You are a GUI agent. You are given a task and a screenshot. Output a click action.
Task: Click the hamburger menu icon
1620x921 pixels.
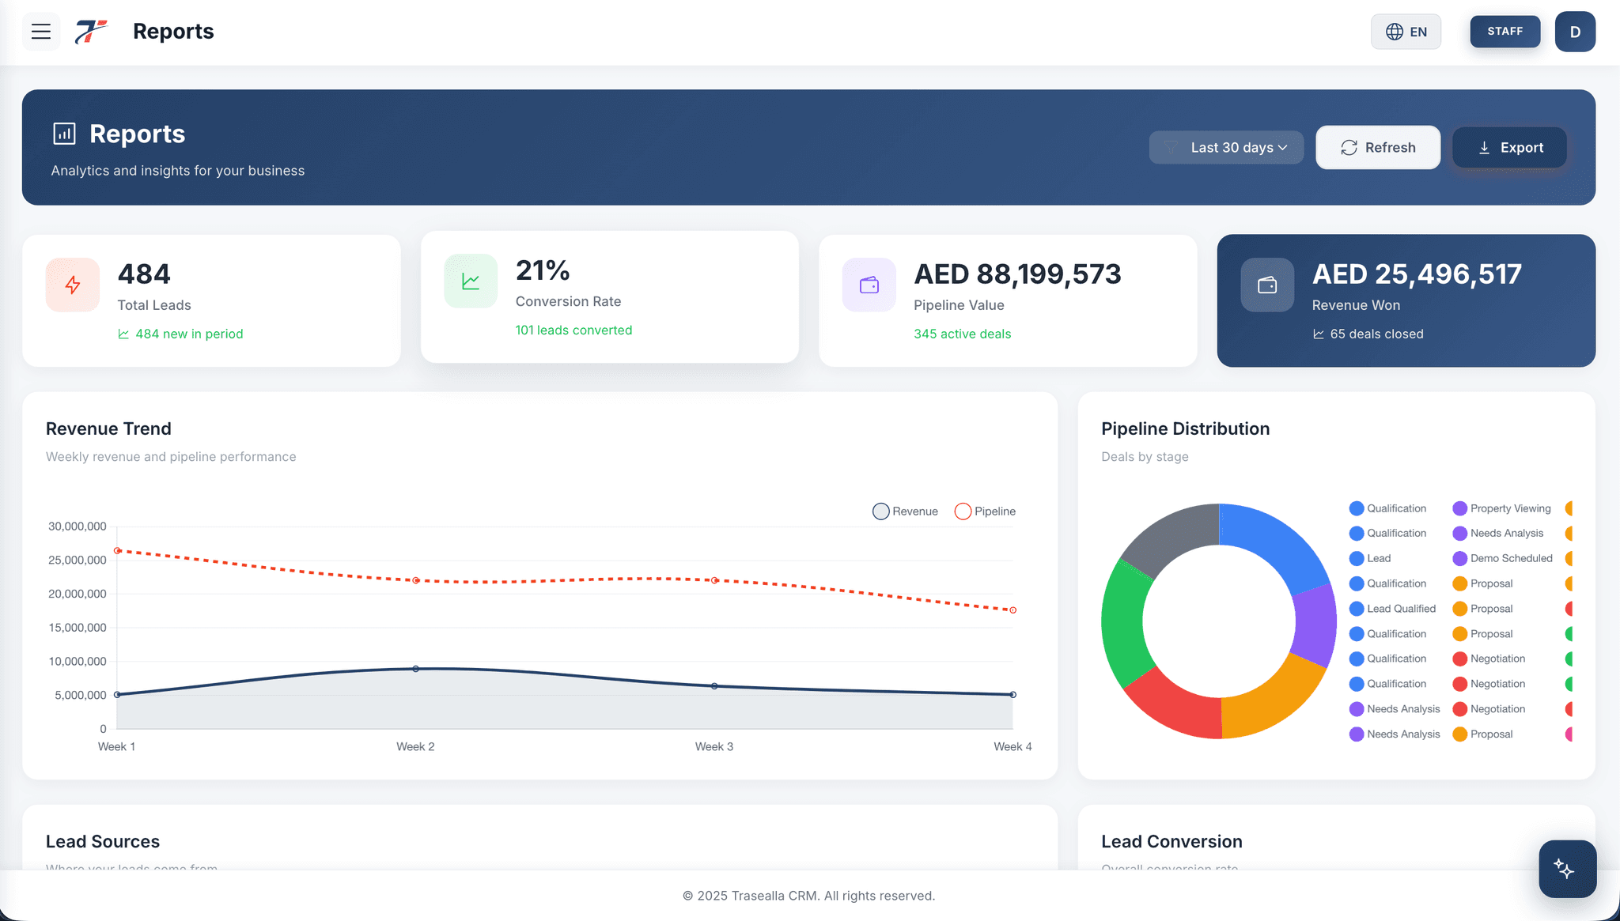pos(41,32)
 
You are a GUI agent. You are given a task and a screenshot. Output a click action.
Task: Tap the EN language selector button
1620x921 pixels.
pos(1406,32)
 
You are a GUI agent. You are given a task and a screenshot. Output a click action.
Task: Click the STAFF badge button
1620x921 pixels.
pos(1505,32)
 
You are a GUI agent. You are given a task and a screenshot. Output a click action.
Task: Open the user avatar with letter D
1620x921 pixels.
pos(1574,32)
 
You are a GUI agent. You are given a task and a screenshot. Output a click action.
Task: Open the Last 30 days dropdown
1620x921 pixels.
pos(1226,148)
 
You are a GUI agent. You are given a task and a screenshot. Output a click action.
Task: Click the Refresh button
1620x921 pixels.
pos(1378,148)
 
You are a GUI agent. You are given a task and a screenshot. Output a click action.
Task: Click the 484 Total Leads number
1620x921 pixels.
pos(144,274)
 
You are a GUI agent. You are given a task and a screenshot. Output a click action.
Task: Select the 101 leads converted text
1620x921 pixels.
pos(573,330)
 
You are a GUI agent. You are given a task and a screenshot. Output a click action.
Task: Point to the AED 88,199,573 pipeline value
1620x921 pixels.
pos(1017,274)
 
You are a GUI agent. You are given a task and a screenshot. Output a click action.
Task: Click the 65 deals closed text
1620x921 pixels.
pos(1376,334)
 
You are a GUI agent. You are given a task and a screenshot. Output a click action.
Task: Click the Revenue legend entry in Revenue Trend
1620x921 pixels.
pos(906,511)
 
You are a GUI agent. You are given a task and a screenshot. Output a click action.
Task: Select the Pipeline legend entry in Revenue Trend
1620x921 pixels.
pos(986,511)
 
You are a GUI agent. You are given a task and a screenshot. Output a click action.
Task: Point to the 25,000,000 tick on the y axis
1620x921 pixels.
pos(78,561)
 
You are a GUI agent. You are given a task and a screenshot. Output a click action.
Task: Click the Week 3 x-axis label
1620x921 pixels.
pos(713,747)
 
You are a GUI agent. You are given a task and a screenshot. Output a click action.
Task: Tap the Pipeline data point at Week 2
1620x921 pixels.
pos(416,581)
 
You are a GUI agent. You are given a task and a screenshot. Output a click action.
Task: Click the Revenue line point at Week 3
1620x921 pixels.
pos(714,686)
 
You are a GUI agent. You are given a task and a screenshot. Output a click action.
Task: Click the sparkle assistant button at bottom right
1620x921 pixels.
pos(1566,869)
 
